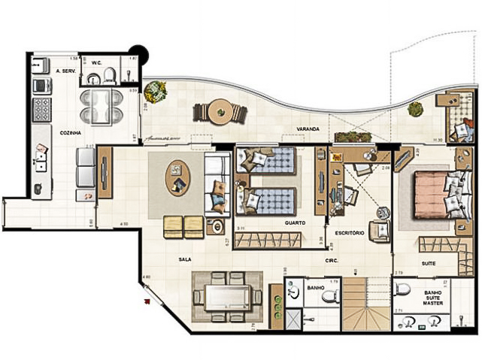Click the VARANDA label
point(308,130)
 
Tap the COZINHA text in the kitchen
point(71,132)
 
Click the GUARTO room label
point(294,223)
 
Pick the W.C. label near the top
point(96,63)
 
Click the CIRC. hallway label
point(331,261)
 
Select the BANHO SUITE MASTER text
point(432,298)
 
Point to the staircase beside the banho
point(365,304)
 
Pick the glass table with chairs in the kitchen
point(101,106)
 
